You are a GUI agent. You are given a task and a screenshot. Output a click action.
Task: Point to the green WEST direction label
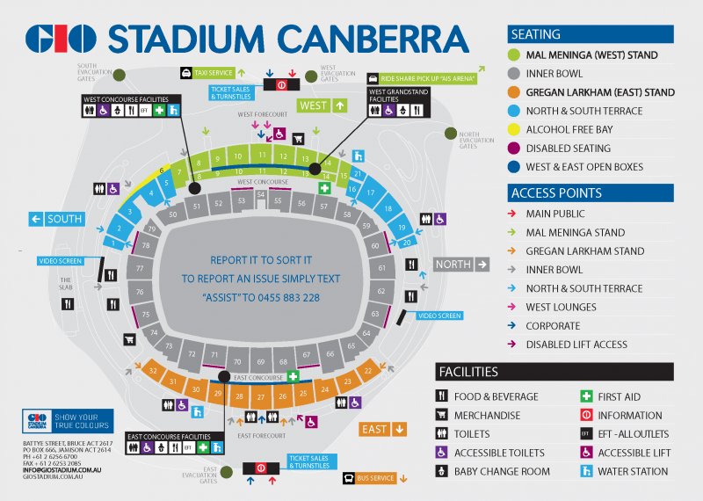323,105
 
